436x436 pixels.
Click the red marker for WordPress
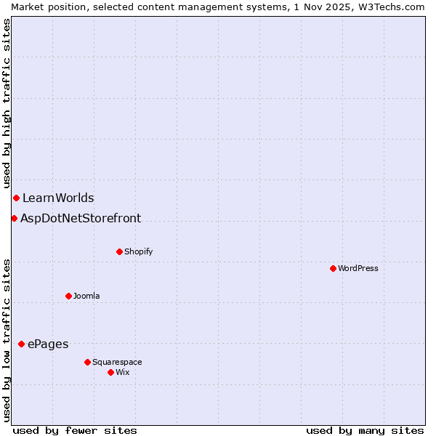[333, 268]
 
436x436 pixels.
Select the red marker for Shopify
[119, 251]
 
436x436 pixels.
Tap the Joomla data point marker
[68, 296]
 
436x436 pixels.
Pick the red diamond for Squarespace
[87, 362]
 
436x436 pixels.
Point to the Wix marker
[110, 372]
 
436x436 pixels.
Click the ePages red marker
[21, 344]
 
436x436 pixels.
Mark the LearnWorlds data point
[16, 198]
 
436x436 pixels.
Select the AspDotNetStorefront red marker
[14, 218]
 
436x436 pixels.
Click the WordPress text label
[358, 268]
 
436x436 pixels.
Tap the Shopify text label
[138, 251]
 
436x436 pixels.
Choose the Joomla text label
[86, 296]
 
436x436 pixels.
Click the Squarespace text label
[117, 362]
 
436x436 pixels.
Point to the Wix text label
[122, 372]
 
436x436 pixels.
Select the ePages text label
[48, 344]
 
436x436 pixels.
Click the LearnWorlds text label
[58, 198]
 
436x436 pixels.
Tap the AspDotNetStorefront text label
[81, 218]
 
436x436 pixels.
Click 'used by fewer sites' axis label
[75, 430]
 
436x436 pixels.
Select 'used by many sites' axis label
[365, 430]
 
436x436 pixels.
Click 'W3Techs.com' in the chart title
[395, 7]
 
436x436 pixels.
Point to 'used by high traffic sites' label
[7, 104]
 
